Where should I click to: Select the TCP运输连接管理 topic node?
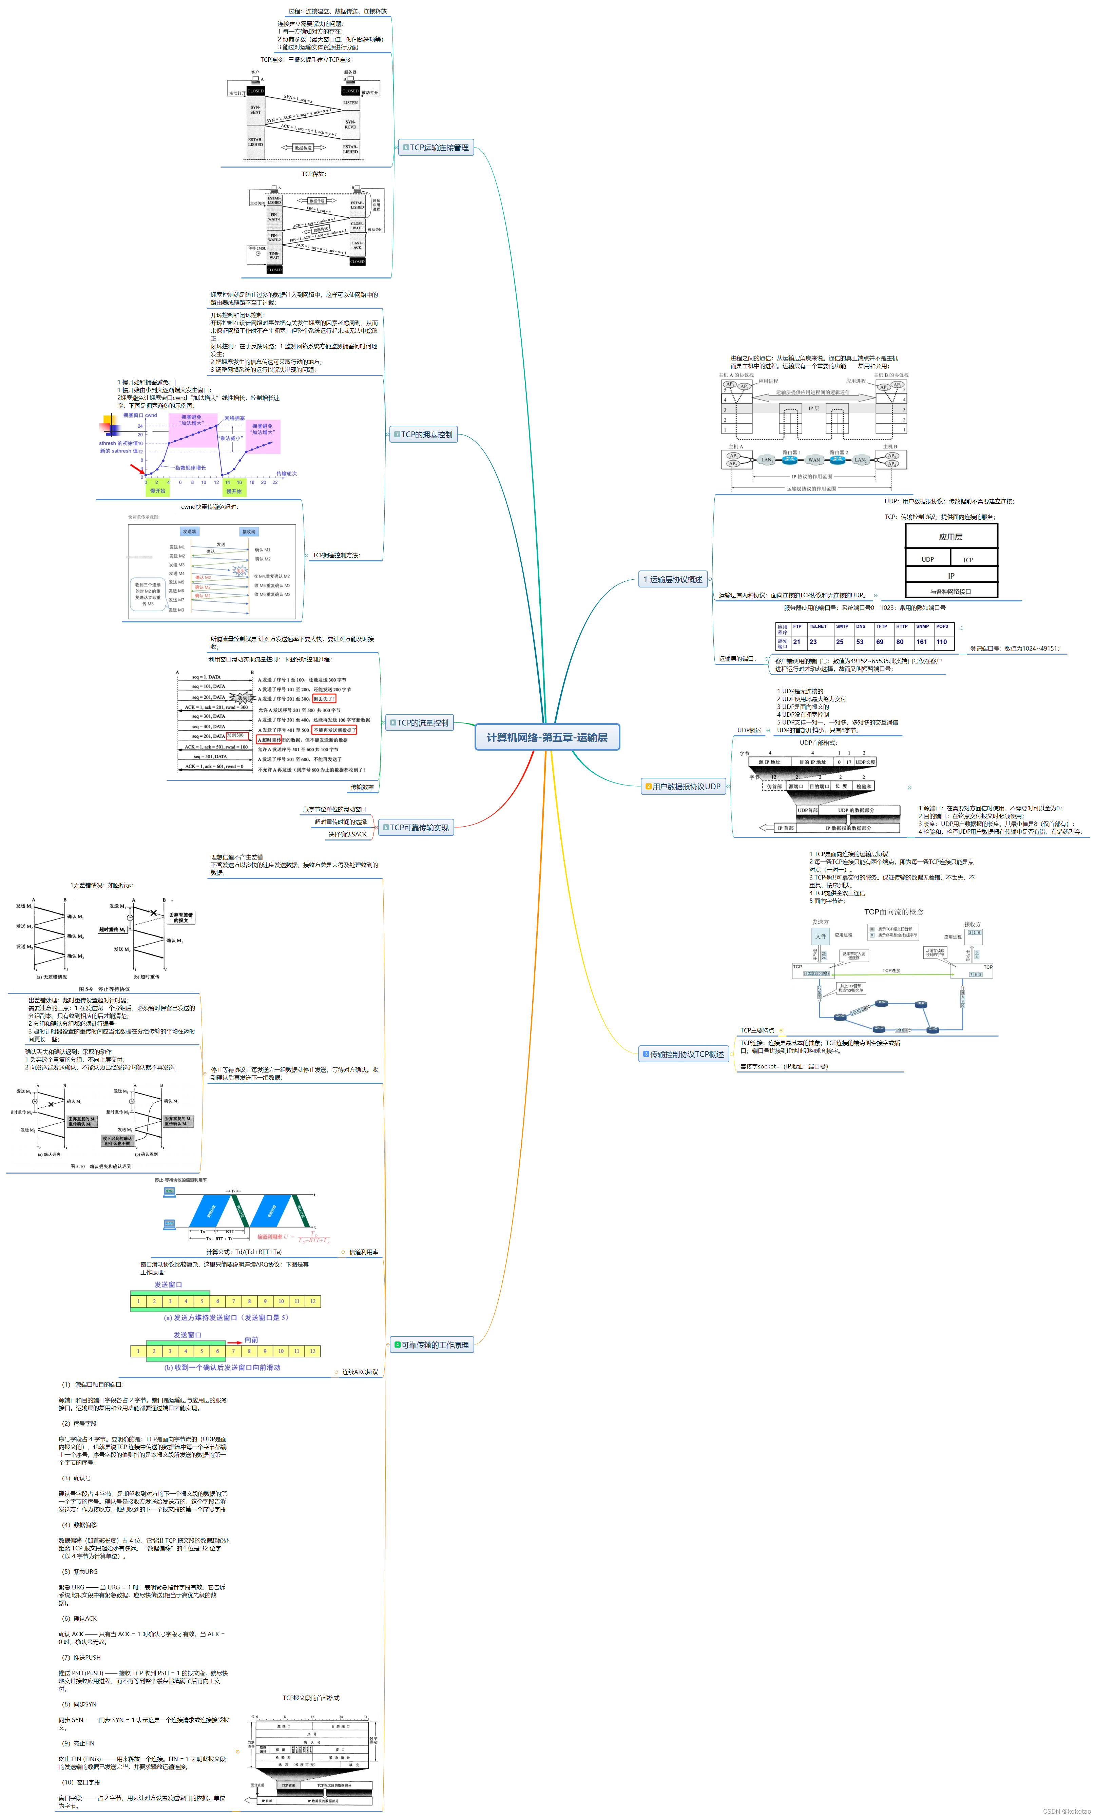pyautogui.click(x=436, y=148)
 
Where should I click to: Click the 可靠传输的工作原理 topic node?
pyautogui.click(x=432, y=1345)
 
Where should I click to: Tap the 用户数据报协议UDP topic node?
pyautogui.click(x=683, y=787)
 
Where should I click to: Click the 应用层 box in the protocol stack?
pyautogui.click(x=951, y=537)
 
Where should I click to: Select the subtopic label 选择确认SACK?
pyautogui.click(x=347, y=835)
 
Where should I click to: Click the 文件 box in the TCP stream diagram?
pyautogui.click(x=820, y=936)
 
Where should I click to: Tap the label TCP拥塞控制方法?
pyautogui.click(x=336, y=555)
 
